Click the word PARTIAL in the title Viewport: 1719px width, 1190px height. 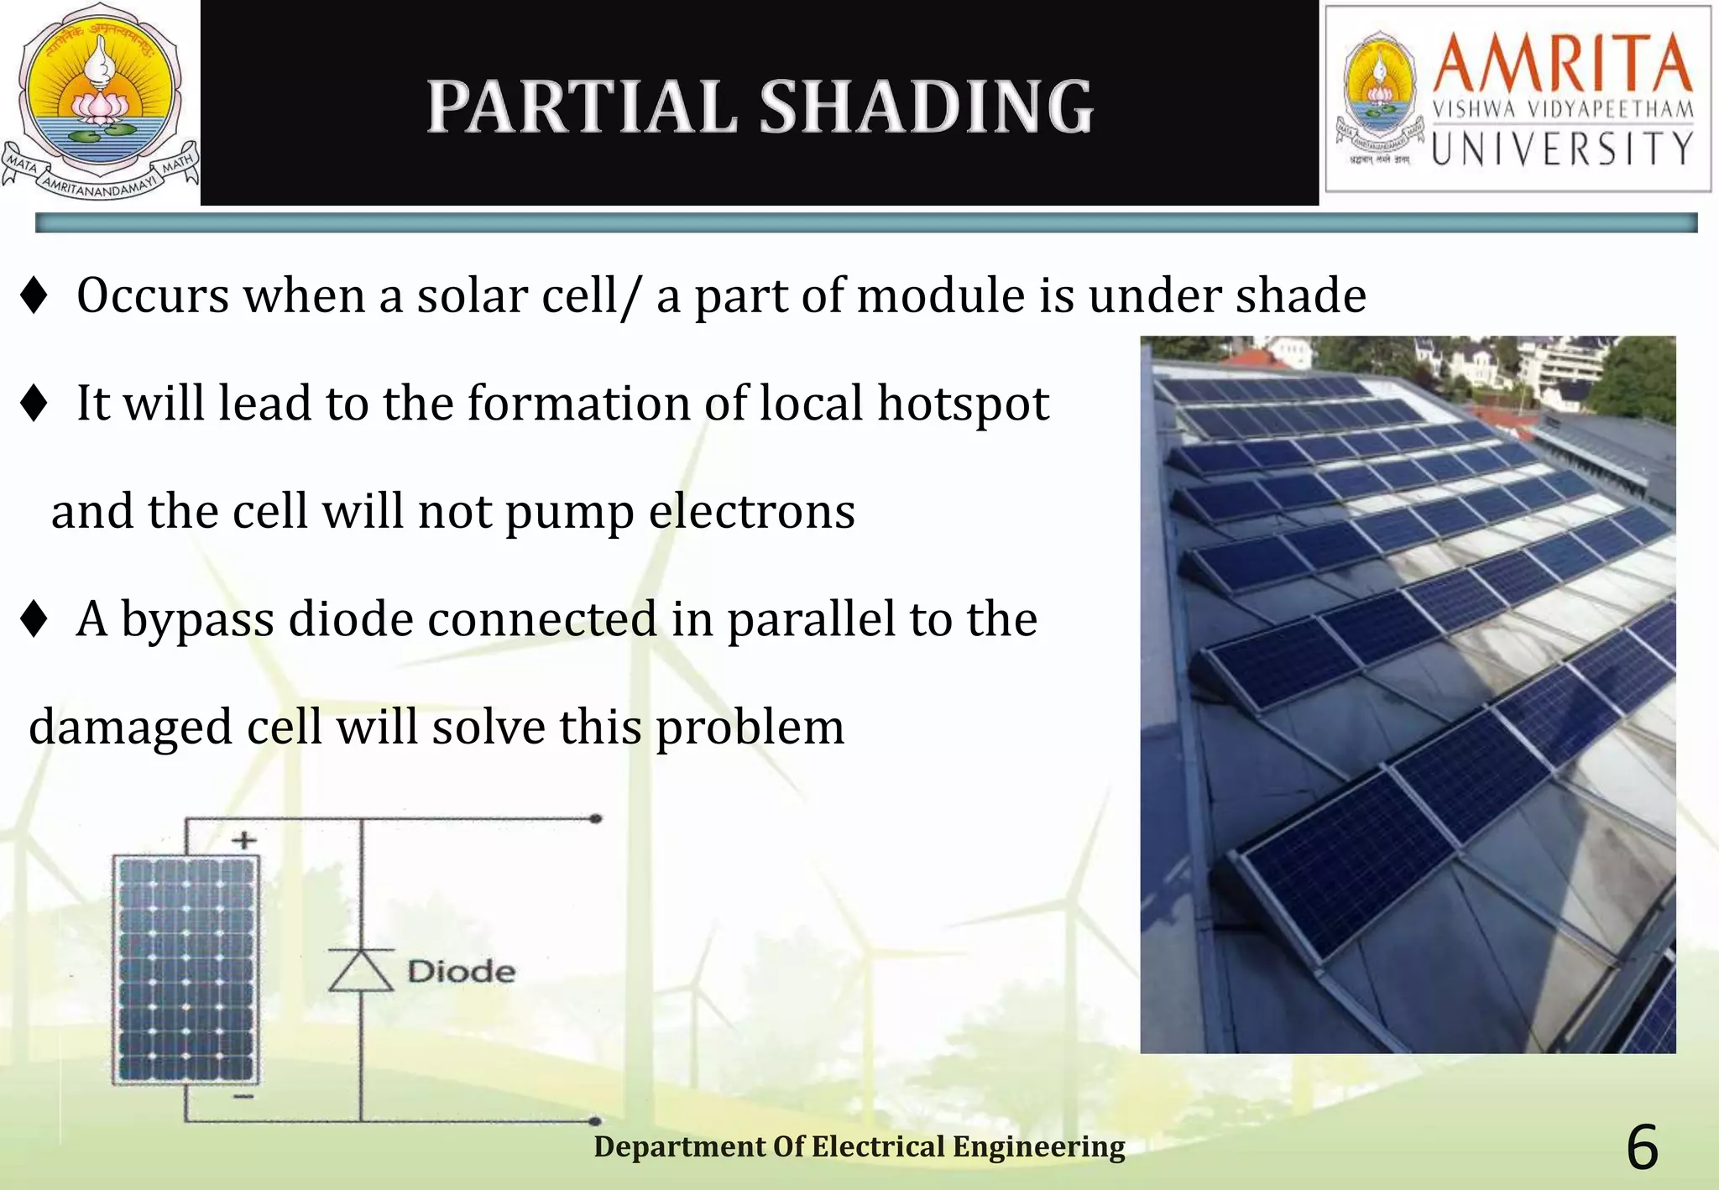581,107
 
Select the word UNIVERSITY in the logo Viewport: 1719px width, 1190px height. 1562,149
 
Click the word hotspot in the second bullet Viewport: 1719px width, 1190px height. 963,404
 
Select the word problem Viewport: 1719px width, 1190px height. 750,727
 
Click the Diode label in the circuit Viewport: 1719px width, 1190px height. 461,972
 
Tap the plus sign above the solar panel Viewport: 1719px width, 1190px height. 243,840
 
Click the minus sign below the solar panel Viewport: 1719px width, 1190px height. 243,1096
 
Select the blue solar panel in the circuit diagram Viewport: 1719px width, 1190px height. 185,969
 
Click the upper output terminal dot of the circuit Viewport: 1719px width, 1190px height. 595,818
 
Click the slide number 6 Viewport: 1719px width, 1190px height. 1642,1148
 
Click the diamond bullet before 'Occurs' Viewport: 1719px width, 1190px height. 34,296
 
